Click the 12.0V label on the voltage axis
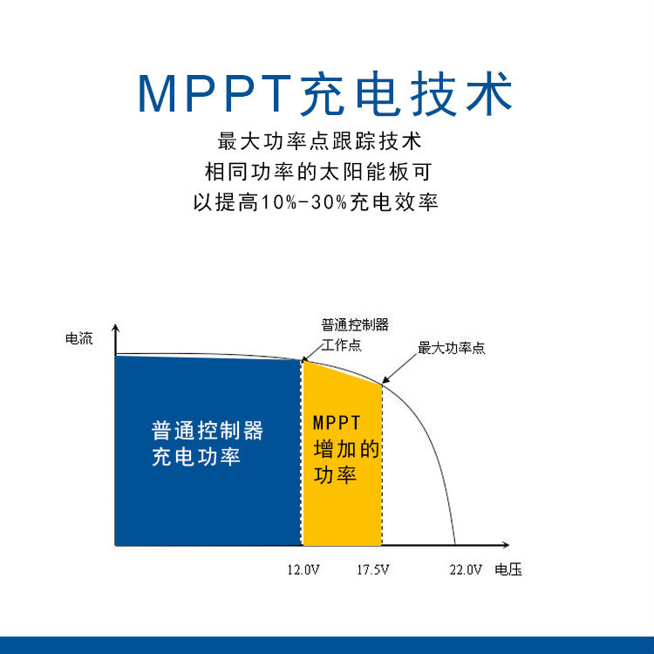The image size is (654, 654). pos(303,569)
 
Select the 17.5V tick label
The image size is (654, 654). pos(373,569)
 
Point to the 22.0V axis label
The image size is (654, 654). pos(466,569)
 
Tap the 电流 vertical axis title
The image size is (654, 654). pos(78,338)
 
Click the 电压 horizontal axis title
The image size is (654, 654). pos(508,569)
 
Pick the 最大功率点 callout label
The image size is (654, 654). pos(452,348)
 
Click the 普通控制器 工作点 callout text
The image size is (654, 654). pos(355,335)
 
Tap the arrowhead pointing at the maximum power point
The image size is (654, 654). pos(385,379)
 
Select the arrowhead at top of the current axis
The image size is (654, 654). pos(115,328)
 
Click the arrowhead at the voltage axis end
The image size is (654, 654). pos(506,545)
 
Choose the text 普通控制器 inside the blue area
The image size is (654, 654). pos(208,431)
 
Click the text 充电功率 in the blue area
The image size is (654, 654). pos(196,457)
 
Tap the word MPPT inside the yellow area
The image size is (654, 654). pos(337,423)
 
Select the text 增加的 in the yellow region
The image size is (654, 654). pos(346,449)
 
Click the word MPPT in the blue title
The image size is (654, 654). pos(215,93)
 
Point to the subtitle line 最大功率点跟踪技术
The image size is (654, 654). pos(319,141)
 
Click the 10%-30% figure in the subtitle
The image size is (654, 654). pos(303,202)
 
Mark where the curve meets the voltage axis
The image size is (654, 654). pos(455,545)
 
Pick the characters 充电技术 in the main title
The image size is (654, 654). pos(405,93)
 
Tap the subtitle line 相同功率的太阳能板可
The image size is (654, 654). pos(318,172)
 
